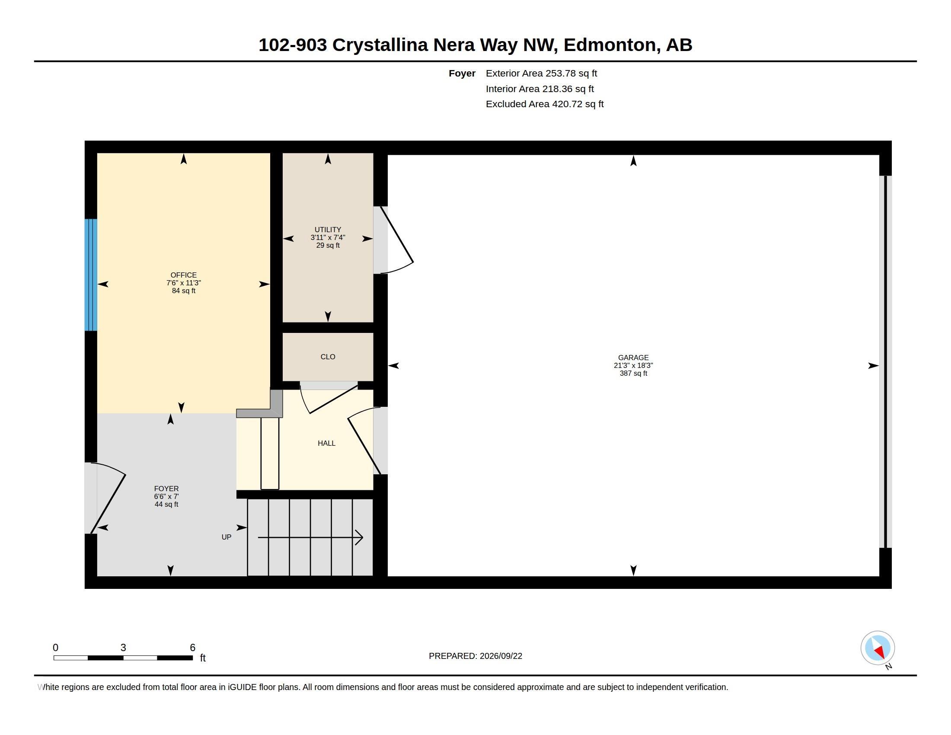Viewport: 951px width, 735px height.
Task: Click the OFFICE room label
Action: (x=183, y=275)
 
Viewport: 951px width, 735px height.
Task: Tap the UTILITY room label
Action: (x=328, y=230)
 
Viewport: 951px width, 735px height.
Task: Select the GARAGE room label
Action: (x=633, y=358)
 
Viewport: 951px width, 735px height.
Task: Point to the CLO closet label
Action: (x=328, y=357)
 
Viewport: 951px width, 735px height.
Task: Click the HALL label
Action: (x=326, y=443)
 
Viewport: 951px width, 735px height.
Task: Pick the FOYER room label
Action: (x=166, y=489)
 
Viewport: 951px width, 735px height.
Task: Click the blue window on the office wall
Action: (x=91, y=275)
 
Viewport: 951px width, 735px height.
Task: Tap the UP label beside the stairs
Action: (x=227, y=537)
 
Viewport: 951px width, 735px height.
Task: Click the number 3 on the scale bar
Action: (x=123, y=648)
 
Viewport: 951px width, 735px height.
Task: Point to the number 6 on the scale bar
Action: (x=192, y=648)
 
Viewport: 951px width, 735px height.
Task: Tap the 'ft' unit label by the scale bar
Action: (x=202, y=658)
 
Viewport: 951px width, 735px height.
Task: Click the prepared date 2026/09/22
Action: (x=501, y=656)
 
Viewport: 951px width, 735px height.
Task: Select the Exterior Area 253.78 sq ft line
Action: (x=541, y=73)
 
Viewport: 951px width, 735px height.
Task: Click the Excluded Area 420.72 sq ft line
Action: (x=545, y=104)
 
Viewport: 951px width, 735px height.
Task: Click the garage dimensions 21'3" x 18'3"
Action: (x=633, y=365)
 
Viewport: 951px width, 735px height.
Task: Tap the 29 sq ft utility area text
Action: (x=328, y=245)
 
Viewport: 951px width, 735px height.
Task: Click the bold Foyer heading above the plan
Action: (x=462, y=73)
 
